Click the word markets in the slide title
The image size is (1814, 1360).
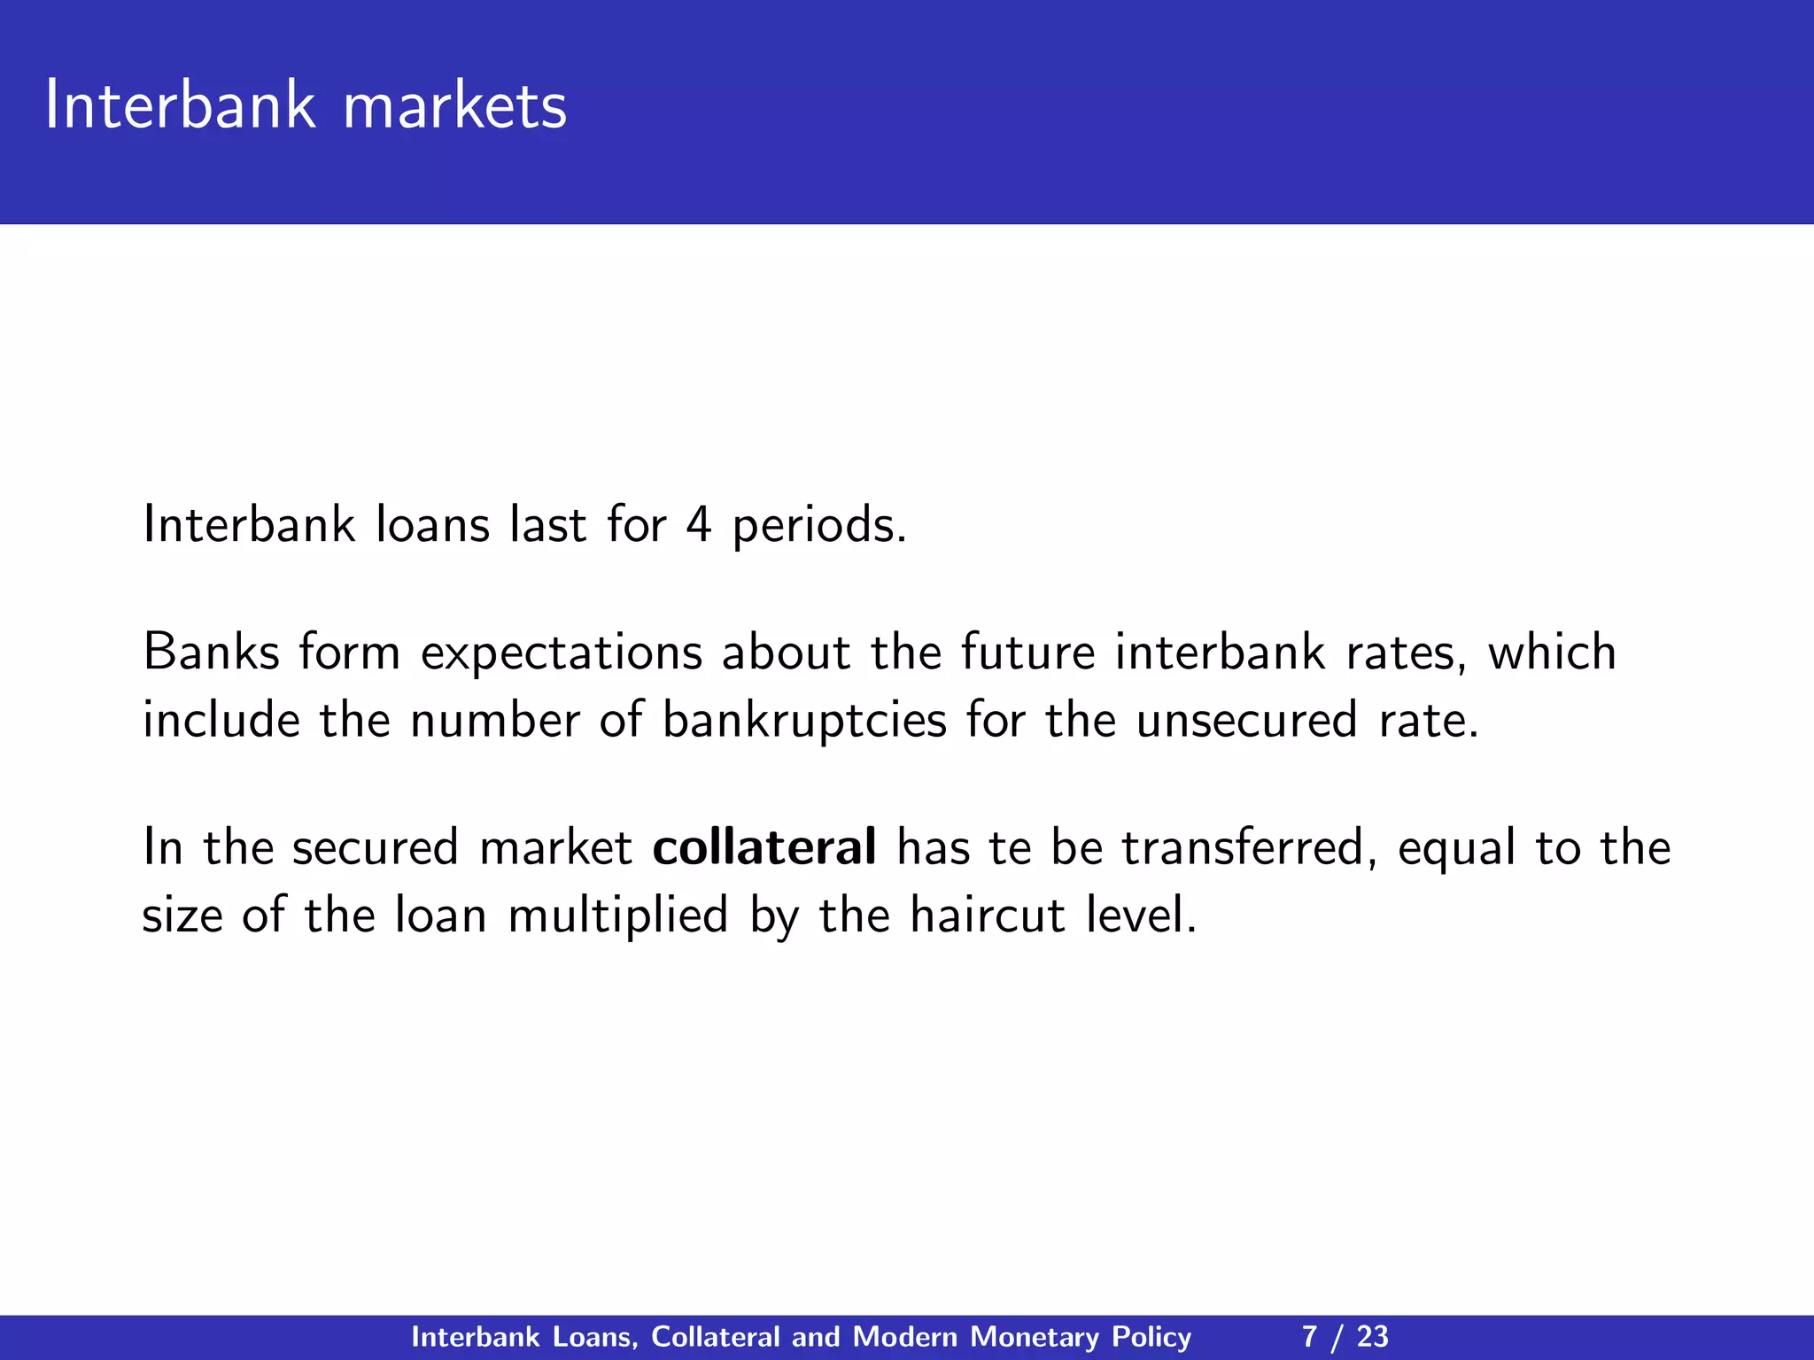(x=454, y=106)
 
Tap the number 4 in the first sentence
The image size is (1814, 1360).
(x=698, y=525)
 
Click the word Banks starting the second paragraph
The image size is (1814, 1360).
(x=210, y=653)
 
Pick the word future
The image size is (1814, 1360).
(x=1027, y=653)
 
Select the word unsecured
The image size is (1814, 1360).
(x=1246, y=719)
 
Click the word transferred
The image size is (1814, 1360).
(x=1249, y=848)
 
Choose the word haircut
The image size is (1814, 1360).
(x=988, y=915)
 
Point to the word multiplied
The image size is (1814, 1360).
(x=617, y=916)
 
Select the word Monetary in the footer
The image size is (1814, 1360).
(x=1034, y=1337)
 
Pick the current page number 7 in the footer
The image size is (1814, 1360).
(x=1310, y=1337)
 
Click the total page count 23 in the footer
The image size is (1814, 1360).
(x=1372, y=1337)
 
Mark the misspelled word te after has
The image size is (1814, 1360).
(x=1010, y=847)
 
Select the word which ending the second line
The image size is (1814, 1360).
(x=1552, y=653)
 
